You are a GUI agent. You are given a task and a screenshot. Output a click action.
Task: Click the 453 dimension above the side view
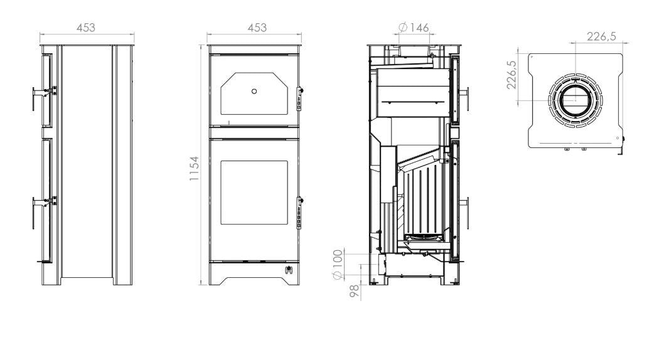[x=86, y=28]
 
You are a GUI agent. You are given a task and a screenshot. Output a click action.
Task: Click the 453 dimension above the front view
[x=257, y=28]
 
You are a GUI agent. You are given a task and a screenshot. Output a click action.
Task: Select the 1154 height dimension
[x=194, y=168]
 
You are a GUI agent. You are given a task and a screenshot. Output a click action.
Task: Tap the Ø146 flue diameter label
[x=414, y=28]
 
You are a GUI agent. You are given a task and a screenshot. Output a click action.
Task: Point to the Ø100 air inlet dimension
[x=337, y=265]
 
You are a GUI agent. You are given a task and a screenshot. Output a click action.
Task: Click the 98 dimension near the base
[x=355, y=291]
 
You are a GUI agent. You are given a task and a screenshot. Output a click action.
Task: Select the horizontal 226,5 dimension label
[x=601, y=37]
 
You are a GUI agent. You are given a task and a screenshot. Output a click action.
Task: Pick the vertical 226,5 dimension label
[x=511, y=75]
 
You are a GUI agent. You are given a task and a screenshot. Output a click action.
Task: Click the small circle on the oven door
[x=254, y=91]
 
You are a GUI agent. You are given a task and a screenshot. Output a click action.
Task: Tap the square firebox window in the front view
[x=254, y=193]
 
